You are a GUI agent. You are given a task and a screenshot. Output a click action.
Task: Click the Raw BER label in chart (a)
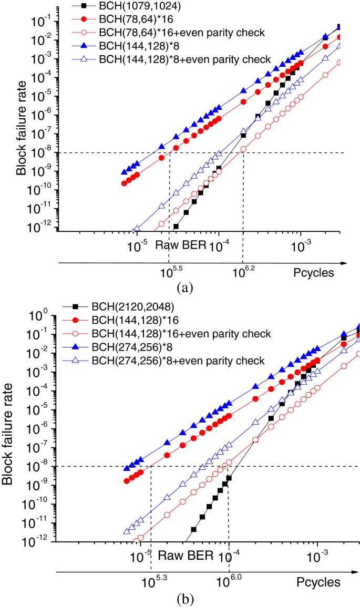[172, 244]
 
